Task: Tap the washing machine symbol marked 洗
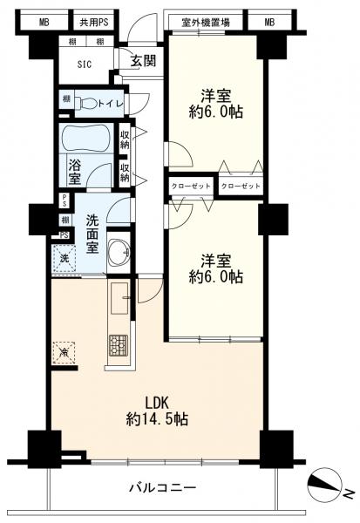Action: coord(64,259)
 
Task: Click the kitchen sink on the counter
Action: coord(119,297)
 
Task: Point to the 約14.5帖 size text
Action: coord(156,419)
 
